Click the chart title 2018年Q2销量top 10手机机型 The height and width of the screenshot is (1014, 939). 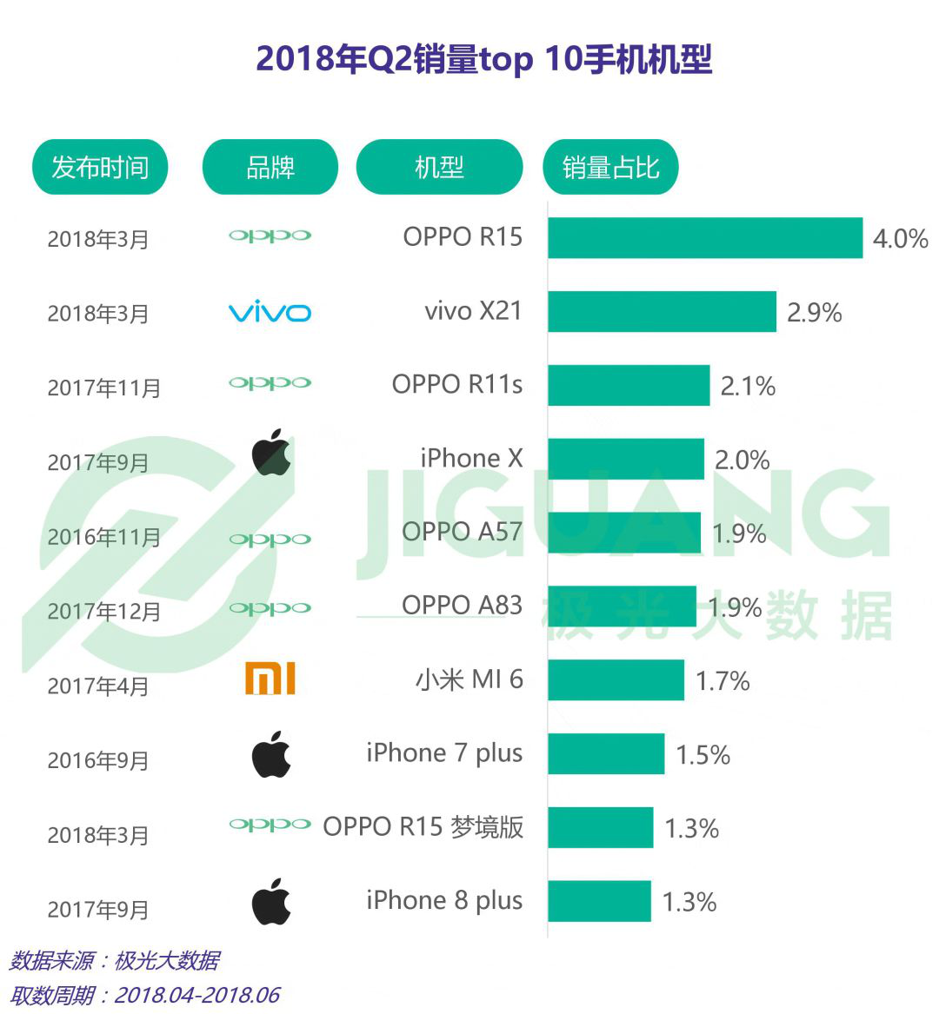(x=484, y=60)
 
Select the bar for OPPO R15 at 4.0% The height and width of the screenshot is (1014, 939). (x=704, y=238)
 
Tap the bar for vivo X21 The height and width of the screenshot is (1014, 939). (x=662, y=312)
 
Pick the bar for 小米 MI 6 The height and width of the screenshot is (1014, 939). (x=616, y=680)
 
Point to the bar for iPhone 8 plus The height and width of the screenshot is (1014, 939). (x=599, y=901)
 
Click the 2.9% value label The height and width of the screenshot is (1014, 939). (x=814, y=313)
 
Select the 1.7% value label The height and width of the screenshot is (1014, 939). (x=723, y=681)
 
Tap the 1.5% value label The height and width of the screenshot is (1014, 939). (x=703, y=755)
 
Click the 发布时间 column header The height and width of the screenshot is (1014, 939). (x=100, y=167)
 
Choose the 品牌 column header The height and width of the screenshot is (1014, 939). (x=270, y=167)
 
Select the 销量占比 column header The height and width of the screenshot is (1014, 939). (x=610, y=167)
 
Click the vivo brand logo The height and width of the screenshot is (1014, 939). (x=270, y=313)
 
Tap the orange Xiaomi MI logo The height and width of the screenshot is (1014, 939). (x=270, y=679)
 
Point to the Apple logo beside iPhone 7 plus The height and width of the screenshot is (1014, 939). (x=271, y=754)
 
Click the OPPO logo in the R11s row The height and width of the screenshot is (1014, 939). (x=270, y=383)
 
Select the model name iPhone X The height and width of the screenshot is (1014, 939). (x=471, y=459)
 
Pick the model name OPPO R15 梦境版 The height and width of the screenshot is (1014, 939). (x=423, y=827)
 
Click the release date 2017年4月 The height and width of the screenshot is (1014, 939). (x=98, y=686)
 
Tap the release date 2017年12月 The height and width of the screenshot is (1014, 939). (x=104, y=612)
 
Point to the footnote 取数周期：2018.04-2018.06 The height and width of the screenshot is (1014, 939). (x=145, y=995)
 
